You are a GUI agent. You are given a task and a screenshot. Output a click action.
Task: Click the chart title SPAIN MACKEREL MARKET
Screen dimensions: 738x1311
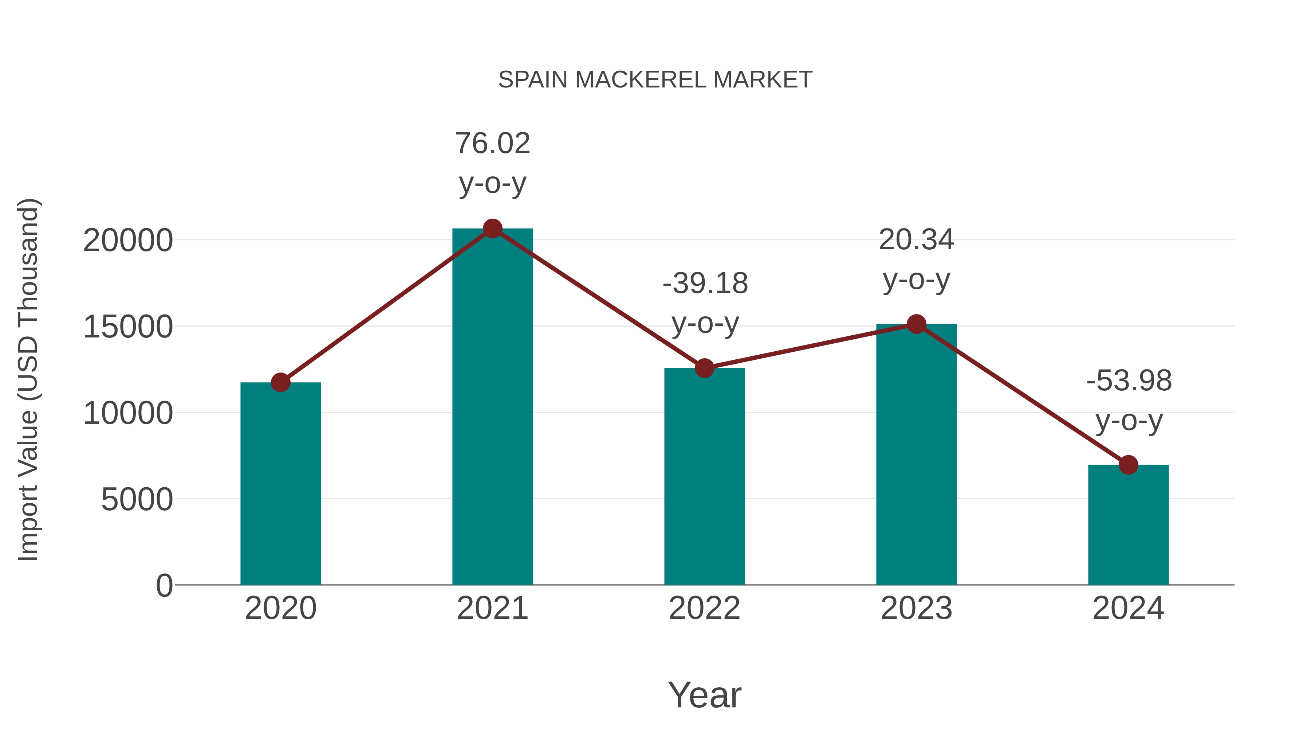tap(655, 80)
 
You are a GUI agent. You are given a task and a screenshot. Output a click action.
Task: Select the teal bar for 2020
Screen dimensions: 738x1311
tap(280, 484)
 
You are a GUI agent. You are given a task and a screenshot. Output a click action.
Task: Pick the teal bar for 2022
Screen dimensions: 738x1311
tap(704, 476)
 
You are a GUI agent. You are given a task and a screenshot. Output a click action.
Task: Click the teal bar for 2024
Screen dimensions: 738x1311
tap(1128, 524)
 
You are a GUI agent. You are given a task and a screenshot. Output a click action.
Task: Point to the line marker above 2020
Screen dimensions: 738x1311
tap(280, 383)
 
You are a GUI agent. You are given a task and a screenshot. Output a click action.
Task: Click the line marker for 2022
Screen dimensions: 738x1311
tap(704, 368)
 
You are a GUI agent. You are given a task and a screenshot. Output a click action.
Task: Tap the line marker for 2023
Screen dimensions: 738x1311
tap(916, 324)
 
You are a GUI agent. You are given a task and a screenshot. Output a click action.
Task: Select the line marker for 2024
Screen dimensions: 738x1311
tap(1128, 465)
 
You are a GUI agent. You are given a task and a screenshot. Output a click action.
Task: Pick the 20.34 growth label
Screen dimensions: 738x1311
tap(916, 239)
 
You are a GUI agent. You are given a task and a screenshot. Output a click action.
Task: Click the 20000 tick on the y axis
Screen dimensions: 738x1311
tap(128, 241)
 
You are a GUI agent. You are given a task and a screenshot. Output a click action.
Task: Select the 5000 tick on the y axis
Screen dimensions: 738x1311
tap(137, 500)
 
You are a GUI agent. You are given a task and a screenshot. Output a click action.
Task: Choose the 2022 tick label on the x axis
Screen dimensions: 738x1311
tap(704, 608)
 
